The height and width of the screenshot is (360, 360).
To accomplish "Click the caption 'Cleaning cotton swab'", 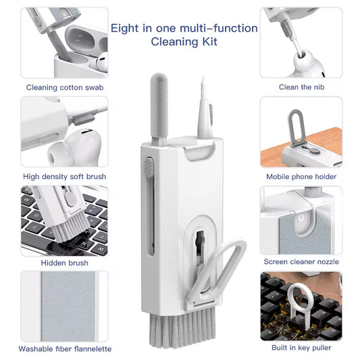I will [65, 87].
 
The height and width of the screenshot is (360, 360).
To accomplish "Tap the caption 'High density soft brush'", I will [64, 176].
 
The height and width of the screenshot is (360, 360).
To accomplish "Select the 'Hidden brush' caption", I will [64, 263].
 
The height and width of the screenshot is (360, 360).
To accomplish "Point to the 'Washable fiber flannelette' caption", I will [64, 349].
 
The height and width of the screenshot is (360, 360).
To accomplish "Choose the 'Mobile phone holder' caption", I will [301, 176].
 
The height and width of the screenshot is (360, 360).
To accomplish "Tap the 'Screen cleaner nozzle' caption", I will [301, 261].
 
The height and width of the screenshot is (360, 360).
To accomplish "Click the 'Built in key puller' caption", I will [301, 347].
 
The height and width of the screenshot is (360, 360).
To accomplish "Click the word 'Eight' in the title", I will [124, 28].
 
